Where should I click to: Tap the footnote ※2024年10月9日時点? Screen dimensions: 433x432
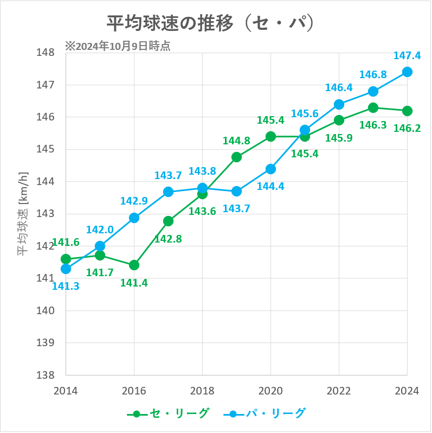pyautogui.click(x=118, y=46)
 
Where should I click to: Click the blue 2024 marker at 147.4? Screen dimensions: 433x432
pyautogui.click(x=407, y=72)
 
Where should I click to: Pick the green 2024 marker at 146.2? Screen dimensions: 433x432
pyautogui.click(x=407, y=111)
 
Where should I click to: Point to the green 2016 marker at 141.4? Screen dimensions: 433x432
pyautogui.click(x=134, y=265)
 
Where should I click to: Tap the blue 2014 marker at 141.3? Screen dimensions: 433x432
pyautogui.click(x=66, y=269)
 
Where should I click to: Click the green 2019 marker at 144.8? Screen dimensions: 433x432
pyautogui.click(x=236, y=157)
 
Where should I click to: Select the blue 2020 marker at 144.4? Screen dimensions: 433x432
pyautogui.click(x=270, y=169)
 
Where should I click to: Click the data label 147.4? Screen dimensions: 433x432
pyautogui.click(x=407, y=55)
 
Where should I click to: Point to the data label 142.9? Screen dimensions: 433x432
pyautogui.click(x=133, y=201)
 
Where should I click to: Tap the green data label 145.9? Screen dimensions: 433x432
pyautogui.click(x=339, y=137)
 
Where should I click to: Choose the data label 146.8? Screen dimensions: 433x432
pyautogui.click(x=373, y=74)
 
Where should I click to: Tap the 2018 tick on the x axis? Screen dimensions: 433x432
pyautogui.click(x=202, y=391)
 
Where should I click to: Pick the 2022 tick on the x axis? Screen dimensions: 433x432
pyautogui.click(x=339, y=391)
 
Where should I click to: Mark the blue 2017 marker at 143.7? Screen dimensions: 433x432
pyautogui.click(x=168, y=192)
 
